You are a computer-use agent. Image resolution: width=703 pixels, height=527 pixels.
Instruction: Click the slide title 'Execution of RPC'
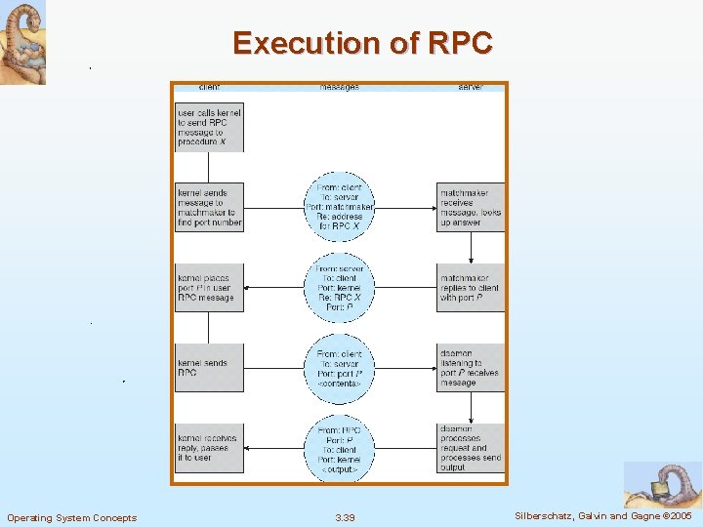[x=362, y=44]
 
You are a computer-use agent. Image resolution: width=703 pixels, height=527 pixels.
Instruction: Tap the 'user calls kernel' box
[x=209, y=128]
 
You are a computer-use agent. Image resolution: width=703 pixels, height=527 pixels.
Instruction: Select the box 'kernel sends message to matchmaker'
[x=209, y=207]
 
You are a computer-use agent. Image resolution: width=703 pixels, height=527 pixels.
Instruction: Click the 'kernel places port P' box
[x=209, y=288]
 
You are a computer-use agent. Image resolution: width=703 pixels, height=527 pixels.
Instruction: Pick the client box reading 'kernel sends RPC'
[x=209, y=368]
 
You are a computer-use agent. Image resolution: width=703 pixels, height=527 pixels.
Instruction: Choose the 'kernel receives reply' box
[x=209, y=448]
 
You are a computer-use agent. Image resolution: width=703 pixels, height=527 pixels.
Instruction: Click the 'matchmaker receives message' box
[x=471, y=207]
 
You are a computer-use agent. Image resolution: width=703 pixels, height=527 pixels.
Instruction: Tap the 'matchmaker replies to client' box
[x=471, y=288]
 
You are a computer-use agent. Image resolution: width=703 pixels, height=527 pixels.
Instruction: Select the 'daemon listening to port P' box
[x=471, y=368]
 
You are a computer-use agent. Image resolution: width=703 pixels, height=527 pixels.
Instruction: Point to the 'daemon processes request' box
[x=471, y=448]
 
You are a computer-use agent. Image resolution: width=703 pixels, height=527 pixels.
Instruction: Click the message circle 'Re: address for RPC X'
[x=340, y=207]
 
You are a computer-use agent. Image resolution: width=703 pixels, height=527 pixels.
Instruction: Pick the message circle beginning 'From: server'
[x=340, y=288]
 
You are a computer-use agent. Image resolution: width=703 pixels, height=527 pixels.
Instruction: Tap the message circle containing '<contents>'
[x=340, y=368]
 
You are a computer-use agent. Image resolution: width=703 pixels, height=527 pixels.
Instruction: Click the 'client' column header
[x=208, y=87]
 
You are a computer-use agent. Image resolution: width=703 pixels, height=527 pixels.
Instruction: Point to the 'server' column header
[x=470, y=87]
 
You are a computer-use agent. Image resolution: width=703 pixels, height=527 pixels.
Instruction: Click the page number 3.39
[x=345, y=517]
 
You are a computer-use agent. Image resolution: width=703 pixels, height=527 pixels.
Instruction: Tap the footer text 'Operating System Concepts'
[x=71, y=517]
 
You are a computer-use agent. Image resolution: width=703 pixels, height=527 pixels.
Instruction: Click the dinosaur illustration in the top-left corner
[x=22, y=42]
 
